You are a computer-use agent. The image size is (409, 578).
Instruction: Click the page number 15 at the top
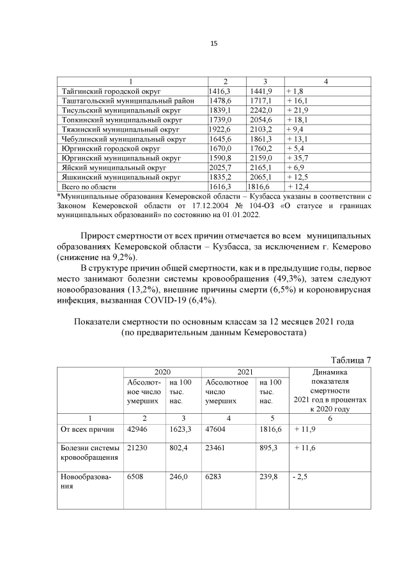[x=214, y=43]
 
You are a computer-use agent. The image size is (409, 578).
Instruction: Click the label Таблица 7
[x=351, y=360]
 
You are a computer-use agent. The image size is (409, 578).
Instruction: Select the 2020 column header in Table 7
[x=162, y=372]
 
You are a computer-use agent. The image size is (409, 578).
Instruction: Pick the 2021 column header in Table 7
[x=245, y=372]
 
